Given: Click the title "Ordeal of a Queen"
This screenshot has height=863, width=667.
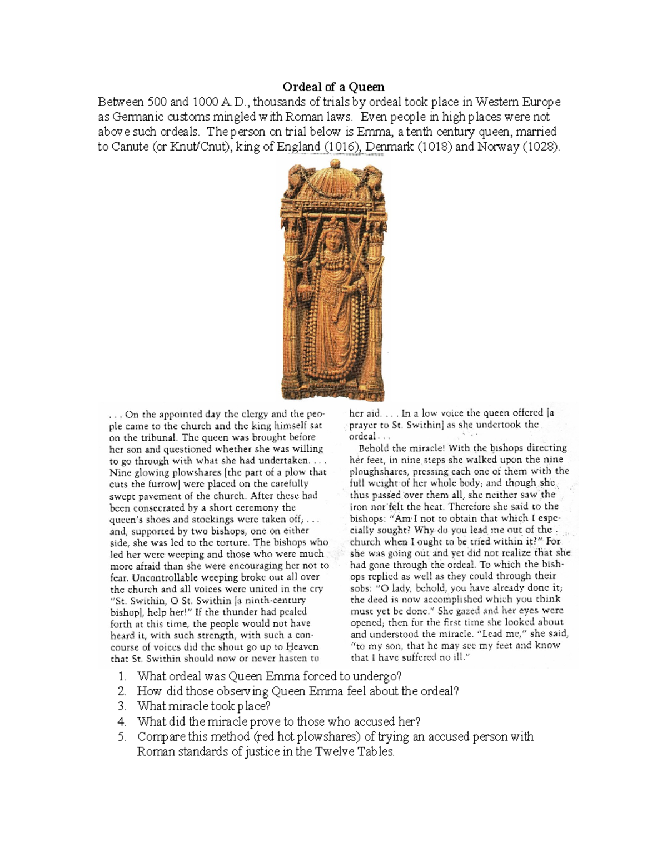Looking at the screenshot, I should coord(333,87).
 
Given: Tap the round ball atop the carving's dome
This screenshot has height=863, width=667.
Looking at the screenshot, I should coord(335,163).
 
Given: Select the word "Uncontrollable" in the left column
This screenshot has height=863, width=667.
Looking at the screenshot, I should coord(162,577).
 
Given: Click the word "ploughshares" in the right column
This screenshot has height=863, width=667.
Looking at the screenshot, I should coord(377,471).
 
